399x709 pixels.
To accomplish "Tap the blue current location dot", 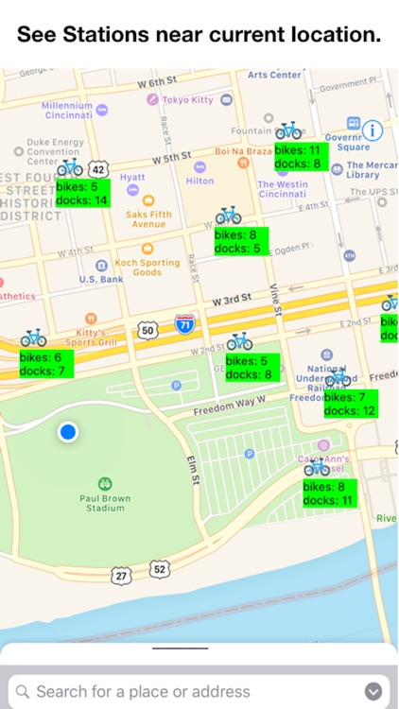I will tap(67, 433).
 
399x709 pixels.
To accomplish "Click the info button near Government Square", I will tap(373, 130).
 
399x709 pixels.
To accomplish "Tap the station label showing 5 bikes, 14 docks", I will tap(82, 194).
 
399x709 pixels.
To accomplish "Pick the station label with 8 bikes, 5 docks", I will tap(240, 241).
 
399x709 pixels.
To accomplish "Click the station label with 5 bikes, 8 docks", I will tap(252, 368).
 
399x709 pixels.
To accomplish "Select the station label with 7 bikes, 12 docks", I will tap(350, 405).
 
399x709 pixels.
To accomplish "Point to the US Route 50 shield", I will tap(147, 330).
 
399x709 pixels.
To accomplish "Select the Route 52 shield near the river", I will tap(159, 568).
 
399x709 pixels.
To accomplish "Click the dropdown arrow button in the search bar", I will tap(373, 691).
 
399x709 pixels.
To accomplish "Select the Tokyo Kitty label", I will tap(189, 99).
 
